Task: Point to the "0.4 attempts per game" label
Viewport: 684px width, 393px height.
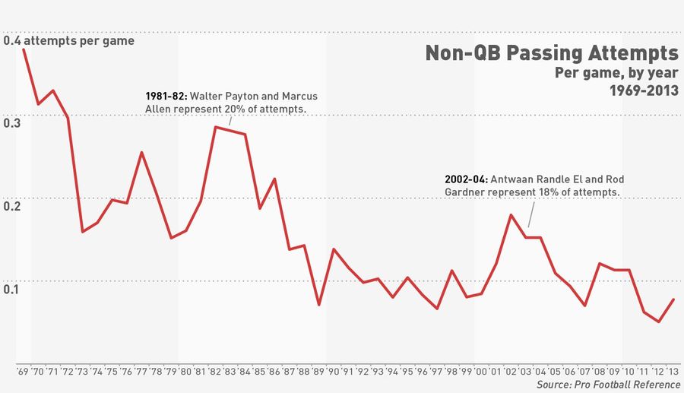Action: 69,40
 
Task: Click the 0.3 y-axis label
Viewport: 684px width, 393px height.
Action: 12,122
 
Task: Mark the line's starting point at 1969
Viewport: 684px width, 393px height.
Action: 24,49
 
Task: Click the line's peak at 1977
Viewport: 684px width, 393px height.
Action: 142,153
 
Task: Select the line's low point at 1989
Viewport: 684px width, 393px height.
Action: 319,305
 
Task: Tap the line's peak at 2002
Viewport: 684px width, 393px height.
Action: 511,215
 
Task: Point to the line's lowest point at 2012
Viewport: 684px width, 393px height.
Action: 659,322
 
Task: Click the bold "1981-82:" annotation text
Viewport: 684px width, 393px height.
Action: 166,97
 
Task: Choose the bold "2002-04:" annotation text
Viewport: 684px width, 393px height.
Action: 465,179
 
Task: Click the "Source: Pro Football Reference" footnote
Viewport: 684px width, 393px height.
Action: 607,386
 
